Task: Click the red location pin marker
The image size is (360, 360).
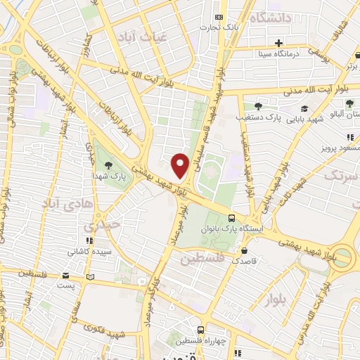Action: (180, 165)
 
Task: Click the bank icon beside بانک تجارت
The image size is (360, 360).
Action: (219, 17)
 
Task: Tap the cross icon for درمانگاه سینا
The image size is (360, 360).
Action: (279, 43)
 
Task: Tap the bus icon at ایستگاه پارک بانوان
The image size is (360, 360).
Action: (232, 217)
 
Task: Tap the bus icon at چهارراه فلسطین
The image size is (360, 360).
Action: (201, 329)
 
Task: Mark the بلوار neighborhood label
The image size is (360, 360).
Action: (277, 300)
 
